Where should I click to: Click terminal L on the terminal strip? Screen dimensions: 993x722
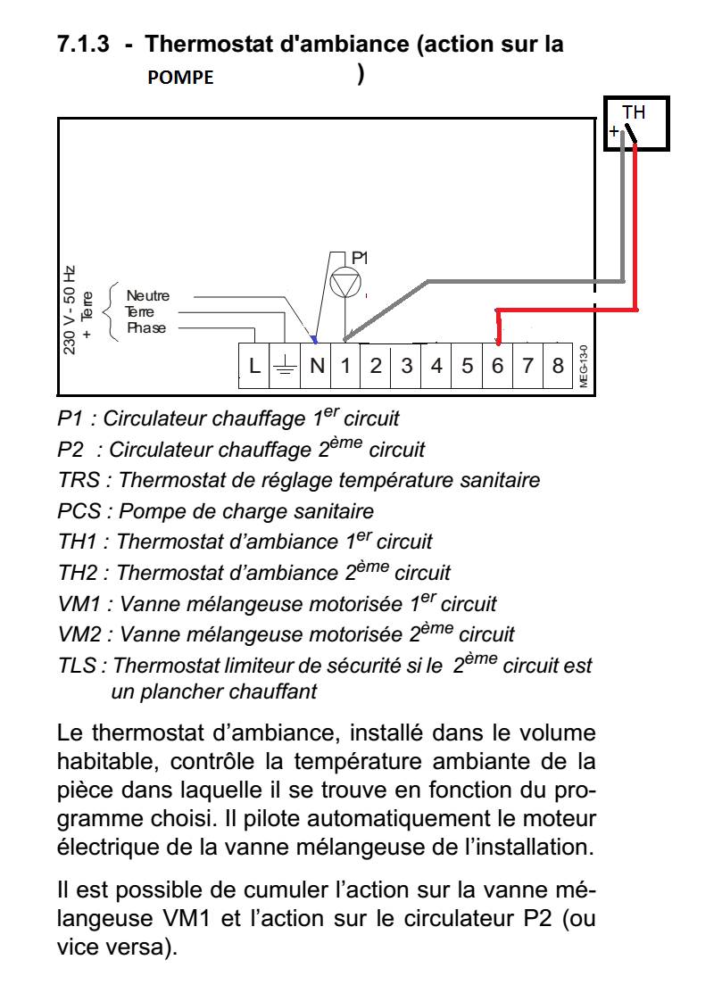[254, 366]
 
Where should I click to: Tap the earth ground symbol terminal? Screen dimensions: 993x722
[286, 366]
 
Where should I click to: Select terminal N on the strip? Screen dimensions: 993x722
[317, 366]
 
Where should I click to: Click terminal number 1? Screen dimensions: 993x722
[346, 366]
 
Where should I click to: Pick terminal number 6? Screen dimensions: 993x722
[497, 366]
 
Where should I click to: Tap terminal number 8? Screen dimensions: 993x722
[558, 366]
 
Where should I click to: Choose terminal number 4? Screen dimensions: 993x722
[436, 366]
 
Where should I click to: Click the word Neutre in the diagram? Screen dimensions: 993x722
[147, 295]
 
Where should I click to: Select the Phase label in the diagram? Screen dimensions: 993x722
[146, 328]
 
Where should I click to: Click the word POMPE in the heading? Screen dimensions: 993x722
[180, 78]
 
